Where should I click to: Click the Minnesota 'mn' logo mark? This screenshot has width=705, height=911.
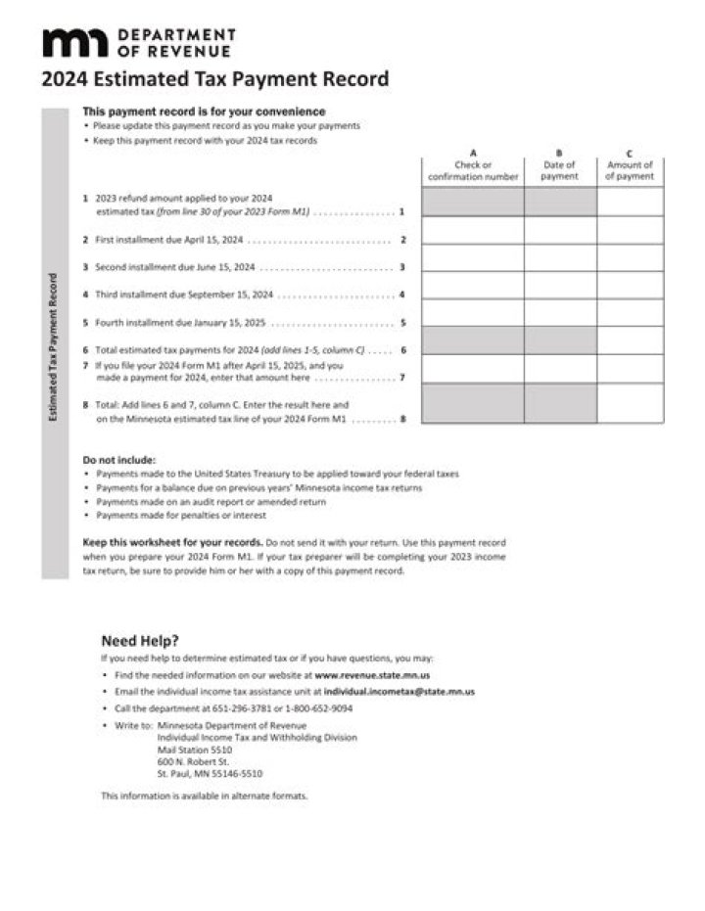(x=76, y=43)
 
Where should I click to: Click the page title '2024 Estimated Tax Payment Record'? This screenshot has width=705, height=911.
(x=215, y=79)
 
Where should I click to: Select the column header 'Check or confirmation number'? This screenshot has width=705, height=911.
(x=473, y=170)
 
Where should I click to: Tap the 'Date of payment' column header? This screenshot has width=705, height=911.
(x=560, y=170)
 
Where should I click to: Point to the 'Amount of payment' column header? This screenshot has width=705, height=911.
(x=630, y=170)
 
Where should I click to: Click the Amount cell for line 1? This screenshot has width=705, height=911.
(x=630, y=202)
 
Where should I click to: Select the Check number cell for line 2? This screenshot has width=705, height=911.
(x=473, y=230)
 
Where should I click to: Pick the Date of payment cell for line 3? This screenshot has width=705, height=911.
(x=560, y=257)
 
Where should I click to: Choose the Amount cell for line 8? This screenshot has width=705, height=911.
(x=630, y=403)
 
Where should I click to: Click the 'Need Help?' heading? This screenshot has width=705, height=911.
(x=140, y=641)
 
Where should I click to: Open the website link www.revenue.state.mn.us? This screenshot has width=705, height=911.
(x=372, y=675)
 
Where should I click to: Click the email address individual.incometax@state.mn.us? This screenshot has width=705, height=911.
(x=399, y=692)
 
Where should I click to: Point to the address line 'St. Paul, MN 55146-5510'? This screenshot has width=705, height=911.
(x=210, y=773)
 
